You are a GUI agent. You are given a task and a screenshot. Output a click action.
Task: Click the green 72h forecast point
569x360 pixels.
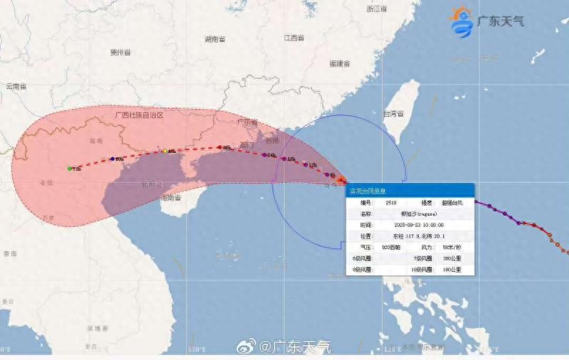[70, 169]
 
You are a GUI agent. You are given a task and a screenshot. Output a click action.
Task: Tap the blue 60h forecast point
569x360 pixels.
[113, 159]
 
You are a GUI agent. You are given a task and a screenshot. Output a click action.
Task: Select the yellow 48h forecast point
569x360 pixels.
[164, 151]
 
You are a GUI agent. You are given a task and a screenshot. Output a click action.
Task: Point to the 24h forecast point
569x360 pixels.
[264, 154]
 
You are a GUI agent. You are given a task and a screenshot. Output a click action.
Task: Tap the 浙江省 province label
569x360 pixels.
[376, 9]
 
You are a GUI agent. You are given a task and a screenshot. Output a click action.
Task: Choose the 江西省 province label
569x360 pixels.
[293, 37]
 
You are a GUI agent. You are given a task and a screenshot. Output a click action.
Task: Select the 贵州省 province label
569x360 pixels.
[121, 53]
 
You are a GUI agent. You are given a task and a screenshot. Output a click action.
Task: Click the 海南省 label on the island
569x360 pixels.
[169, 198]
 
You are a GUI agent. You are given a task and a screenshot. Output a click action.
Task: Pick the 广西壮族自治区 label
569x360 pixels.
[139, 115]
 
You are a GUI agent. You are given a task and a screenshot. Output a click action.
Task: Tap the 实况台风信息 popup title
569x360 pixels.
[367, 191]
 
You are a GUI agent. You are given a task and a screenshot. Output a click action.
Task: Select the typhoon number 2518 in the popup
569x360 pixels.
[390, 202]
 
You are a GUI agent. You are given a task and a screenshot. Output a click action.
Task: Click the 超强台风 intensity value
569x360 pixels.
[451, 202]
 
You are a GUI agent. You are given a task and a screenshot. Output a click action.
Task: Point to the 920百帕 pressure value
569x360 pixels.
[392, 248]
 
